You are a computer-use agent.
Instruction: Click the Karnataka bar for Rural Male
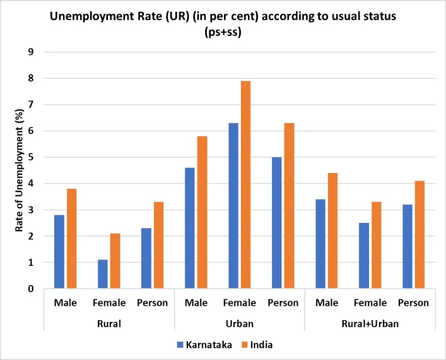point(59,252)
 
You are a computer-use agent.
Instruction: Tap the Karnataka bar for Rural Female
point(103,274)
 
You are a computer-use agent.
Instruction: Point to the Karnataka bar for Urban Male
point(190,228)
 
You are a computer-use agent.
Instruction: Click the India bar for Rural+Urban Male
point(333,231)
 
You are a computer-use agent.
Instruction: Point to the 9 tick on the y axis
point(31,52)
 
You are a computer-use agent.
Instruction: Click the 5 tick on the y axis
point(31,157)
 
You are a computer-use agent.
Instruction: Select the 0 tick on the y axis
point(31,289)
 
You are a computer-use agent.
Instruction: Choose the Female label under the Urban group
point(240,303)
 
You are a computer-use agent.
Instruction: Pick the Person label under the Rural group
point(152,303)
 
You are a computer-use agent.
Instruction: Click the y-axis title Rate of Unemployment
point(19,171)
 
